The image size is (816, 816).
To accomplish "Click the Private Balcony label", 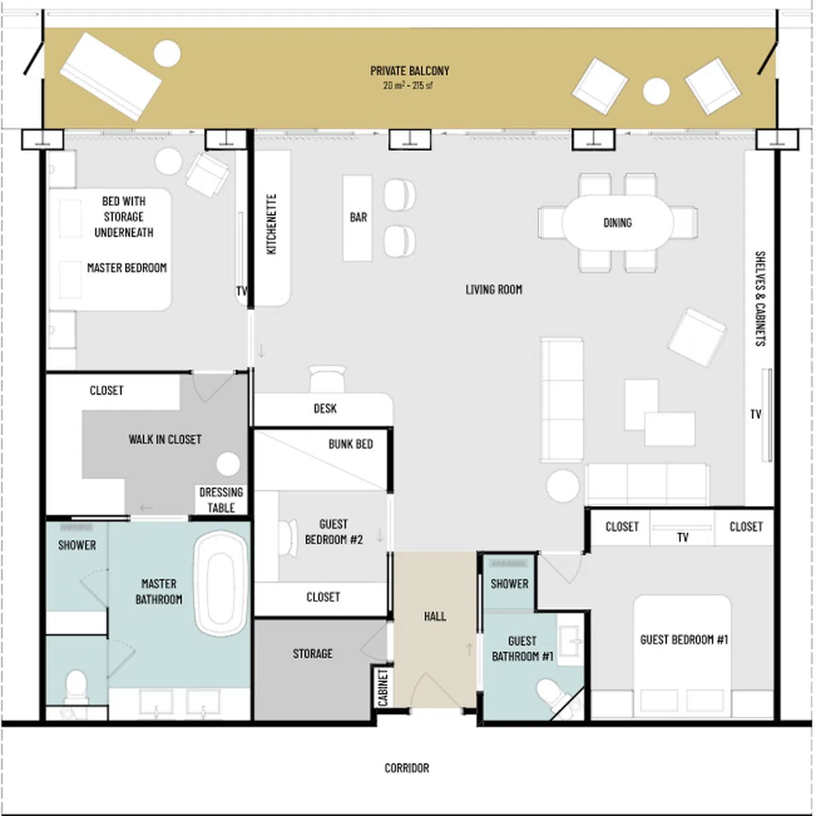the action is [x=409, y=71].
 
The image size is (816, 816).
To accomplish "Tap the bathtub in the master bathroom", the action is [x=220, y=584].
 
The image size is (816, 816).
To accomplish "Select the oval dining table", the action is [x=617, y=222].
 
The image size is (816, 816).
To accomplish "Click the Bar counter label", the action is [x=358, y=217].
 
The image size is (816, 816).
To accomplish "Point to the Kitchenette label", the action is [x=271, y=224].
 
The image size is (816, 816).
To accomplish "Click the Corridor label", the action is [x=407, y=768].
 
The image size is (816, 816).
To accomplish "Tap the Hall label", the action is [x=435, y=616].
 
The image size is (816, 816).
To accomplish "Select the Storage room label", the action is [x=313, y=653].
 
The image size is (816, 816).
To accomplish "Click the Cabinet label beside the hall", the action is [x=383, y=687].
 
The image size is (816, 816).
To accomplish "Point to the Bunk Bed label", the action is [x=351, y=444].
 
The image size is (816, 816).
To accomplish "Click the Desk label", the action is [x=325, y=408].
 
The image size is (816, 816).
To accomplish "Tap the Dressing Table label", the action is [x=221, y=500].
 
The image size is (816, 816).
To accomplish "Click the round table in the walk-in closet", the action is [x=228, y=464].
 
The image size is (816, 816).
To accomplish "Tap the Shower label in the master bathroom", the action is [x=77, y=545].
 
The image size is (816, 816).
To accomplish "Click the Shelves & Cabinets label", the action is [x=760, y=299].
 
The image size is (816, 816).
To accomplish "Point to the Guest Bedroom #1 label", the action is [x=683, y=639].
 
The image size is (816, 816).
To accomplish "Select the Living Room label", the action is [x=494, y=290].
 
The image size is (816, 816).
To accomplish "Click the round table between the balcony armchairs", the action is [x=656, y=91].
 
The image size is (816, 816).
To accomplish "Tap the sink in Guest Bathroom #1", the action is [x=571, y=645].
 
